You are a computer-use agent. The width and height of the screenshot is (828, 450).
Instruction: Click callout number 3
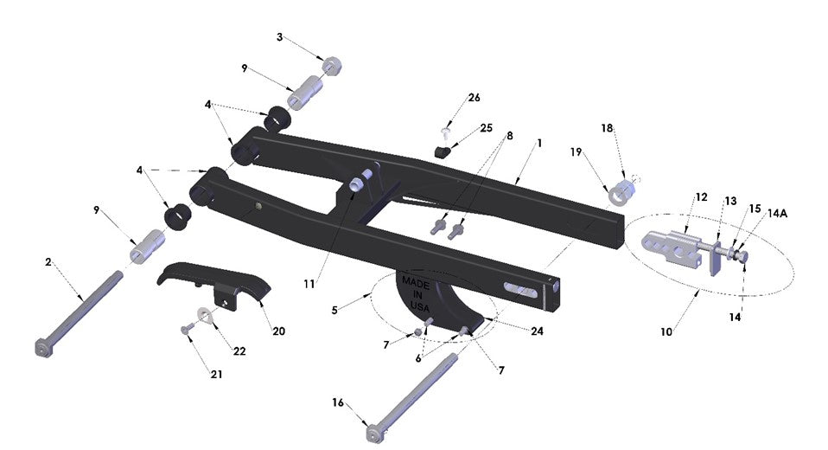pyautogui.click(x=279, y=37)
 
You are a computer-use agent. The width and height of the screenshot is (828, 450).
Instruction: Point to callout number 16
pyautogui.click(x=338, y=402)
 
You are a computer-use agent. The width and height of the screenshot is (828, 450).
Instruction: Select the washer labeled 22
pyautogui.click(x=206, y=313)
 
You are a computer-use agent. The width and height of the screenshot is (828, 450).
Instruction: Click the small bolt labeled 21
pyautogui.click(x=187, y=330)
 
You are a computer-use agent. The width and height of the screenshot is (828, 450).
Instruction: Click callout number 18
pyautogui.click(x=607, y=127)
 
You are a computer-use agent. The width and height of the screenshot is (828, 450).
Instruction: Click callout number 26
pyautogui.click(x=473, y=98)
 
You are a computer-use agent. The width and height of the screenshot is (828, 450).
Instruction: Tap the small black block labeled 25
pyautogui.click(x=443, y=152)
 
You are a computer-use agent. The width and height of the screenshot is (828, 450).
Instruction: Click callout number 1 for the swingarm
pyautogui.click(x=540, y=142)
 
